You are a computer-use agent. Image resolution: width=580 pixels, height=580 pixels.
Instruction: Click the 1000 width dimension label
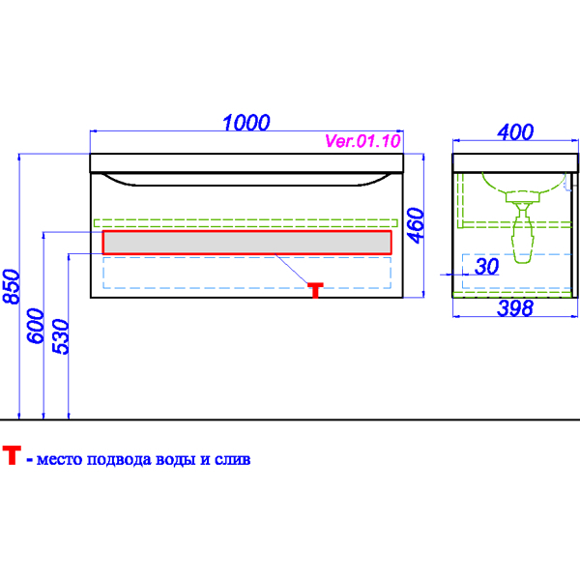click(x=246, y=123)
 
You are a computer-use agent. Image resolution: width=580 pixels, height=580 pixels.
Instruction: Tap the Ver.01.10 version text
click(x=362, y=141)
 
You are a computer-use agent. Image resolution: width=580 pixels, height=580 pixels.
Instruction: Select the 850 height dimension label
click(x=11, y=287)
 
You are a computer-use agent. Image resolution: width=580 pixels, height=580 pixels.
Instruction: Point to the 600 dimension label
click(x=36, y=326)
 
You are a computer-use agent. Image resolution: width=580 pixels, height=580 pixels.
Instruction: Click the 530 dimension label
click(x=61, y=336)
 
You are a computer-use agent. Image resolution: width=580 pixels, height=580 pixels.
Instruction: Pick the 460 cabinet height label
click(x=416, y=225)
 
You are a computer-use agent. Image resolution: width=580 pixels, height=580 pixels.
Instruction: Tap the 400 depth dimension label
click(x=515, y=132)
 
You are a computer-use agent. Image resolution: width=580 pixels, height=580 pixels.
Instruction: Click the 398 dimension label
click(x=515, y=308)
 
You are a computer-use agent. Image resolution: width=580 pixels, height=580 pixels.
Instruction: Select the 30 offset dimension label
click(x=487, y=267)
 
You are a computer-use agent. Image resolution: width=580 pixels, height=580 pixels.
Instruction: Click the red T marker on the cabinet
click(x=315, y=290)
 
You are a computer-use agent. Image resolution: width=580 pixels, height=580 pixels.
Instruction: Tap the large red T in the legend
click(x=12, y=455)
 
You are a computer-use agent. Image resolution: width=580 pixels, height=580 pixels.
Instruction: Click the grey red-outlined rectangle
click(x=246, y=243)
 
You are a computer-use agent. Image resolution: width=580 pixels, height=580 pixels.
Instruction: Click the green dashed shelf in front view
click(x=246, y=223)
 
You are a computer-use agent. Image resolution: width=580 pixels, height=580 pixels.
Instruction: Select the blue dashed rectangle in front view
click(x=246, y=273)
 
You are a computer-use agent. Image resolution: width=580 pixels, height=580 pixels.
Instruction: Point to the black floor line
click(x=290, y=420)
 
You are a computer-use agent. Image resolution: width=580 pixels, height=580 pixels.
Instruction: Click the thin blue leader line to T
click(x=292, y=269)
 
